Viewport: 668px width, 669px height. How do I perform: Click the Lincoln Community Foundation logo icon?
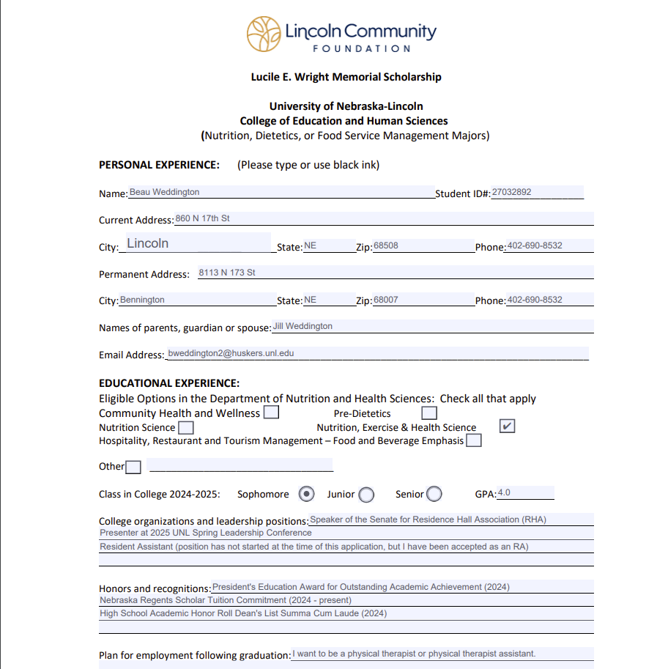264,34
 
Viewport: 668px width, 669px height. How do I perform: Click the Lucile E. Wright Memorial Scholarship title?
346,76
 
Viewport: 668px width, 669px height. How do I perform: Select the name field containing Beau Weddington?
165,192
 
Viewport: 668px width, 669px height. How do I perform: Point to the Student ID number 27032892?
512,192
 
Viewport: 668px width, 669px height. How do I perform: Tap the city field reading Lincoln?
148,243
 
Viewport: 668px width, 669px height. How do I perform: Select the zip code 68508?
386,245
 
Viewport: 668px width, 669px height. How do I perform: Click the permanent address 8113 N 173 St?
227,273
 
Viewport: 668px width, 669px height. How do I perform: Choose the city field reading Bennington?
142,300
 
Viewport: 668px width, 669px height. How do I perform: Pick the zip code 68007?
386,300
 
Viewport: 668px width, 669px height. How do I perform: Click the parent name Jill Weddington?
303,326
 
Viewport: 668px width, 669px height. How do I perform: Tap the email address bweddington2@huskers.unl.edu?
231,353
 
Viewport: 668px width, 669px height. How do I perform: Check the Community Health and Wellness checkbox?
271,413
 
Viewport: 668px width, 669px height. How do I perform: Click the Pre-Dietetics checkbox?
429,413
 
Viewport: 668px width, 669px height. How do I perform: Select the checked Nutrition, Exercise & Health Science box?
507,426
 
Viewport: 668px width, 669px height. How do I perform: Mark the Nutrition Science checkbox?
186,427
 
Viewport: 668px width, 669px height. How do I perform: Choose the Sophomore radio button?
307,494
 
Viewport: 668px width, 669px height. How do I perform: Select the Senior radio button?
434,494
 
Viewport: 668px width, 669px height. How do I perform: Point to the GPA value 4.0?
505,492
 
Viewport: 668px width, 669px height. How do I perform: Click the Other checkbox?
133,467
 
